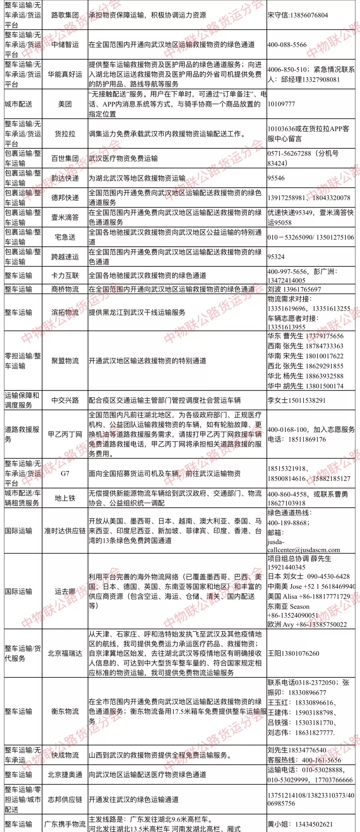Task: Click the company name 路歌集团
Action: (65, 15)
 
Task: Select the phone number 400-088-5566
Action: (287, 45)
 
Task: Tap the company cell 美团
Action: (65, 104)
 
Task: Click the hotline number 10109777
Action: (281, 104)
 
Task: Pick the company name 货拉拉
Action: (65, 134)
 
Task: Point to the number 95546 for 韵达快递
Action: (276, 178)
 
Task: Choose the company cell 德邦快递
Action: (65, 198)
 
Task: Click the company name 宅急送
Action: (65, 237)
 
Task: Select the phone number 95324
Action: (276, 257)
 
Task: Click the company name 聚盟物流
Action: (65, 361)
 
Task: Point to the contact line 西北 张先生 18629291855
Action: (305, 366)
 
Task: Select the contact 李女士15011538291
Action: (297, 400)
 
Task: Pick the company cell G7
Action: (65, 473)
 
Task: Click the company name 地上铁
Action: (65, 498)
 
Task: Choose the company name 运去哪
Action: (65, 591)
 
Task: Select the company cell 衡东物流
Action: (65, 711)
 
